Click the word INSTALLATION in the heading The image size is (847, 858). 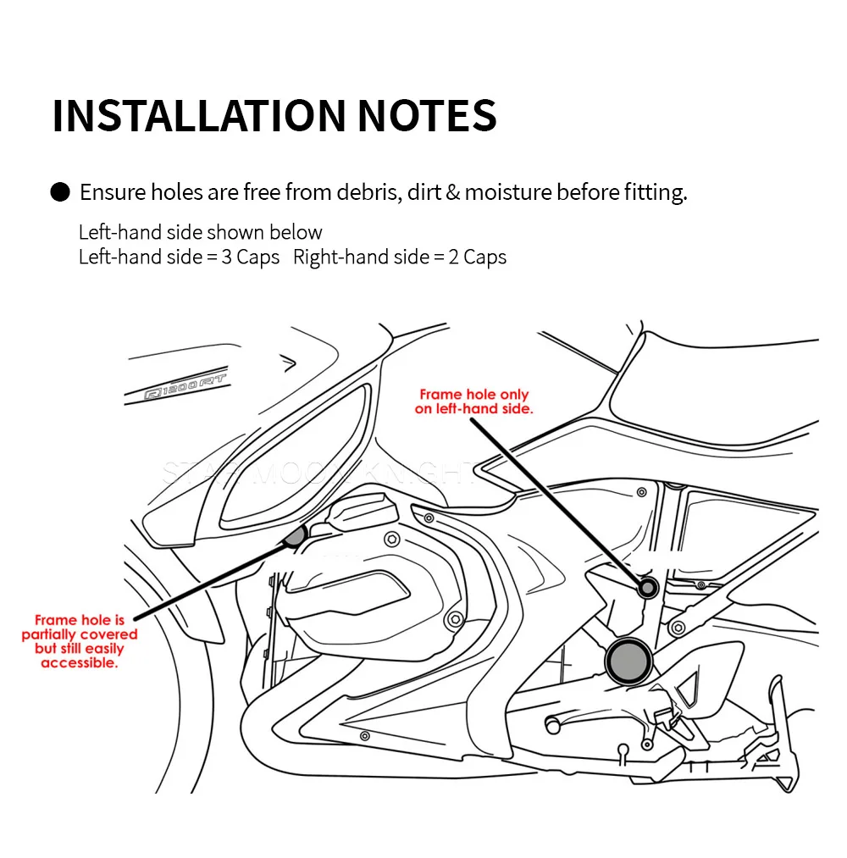pyautogui.click(x=199, y=116)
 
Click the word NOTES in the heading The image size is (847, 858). pyautogui.click(x=426, y=116)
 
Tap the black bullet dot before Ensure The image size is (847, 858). pyautogui.click(x=60, y=193)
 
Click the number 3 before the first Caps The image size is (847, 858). pyautogui.click(x=226, y=257)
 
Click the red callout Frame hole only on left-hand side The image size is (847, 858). pyautogui.click(x=474, y=401)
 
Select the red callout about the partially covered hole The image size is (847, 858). pyautogui.click(x=79, y=642)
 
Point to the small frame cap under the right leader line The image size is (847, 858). pyautogui.click(x=649, y=587)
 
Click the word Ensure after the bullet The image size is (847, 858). pyautogui.click(x=113, y=193)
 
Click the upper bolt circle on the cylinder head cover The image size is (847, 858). pyautogui.click(x=390, y=540)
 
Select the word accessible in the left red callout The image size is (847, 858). pyautogui.click(x=79, y=663)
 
